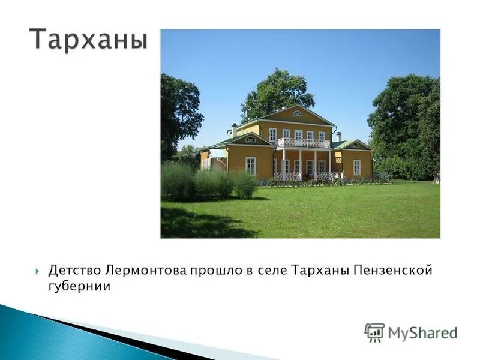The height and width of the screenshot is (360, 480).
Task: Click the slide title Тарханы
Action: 88,40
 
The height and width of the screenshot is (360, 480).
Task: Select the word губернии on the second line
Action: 79,287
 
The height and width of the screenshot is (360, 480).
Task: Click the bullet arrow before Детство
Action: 38,271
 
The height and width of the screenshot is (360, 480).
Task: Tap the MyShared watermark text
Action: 422,333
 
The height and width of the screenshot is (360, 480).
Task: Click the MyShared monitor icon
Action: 374,332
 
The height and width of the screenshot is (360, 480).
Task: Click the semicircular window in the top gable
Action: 296,113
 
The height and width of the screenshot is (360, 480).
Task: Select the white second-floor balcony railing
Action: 302,143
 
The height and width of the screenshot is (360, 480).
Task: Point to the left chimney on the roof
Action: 234,130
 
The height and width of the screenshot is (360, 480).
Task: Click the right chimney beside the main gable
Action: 339,136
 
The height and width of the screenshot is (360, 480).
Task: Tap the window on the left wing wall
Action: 250,165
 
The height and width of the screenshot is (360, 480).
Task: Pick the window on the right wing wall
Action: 356,166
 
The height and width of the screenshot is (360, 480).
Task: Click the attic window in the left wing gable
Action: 250,139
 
